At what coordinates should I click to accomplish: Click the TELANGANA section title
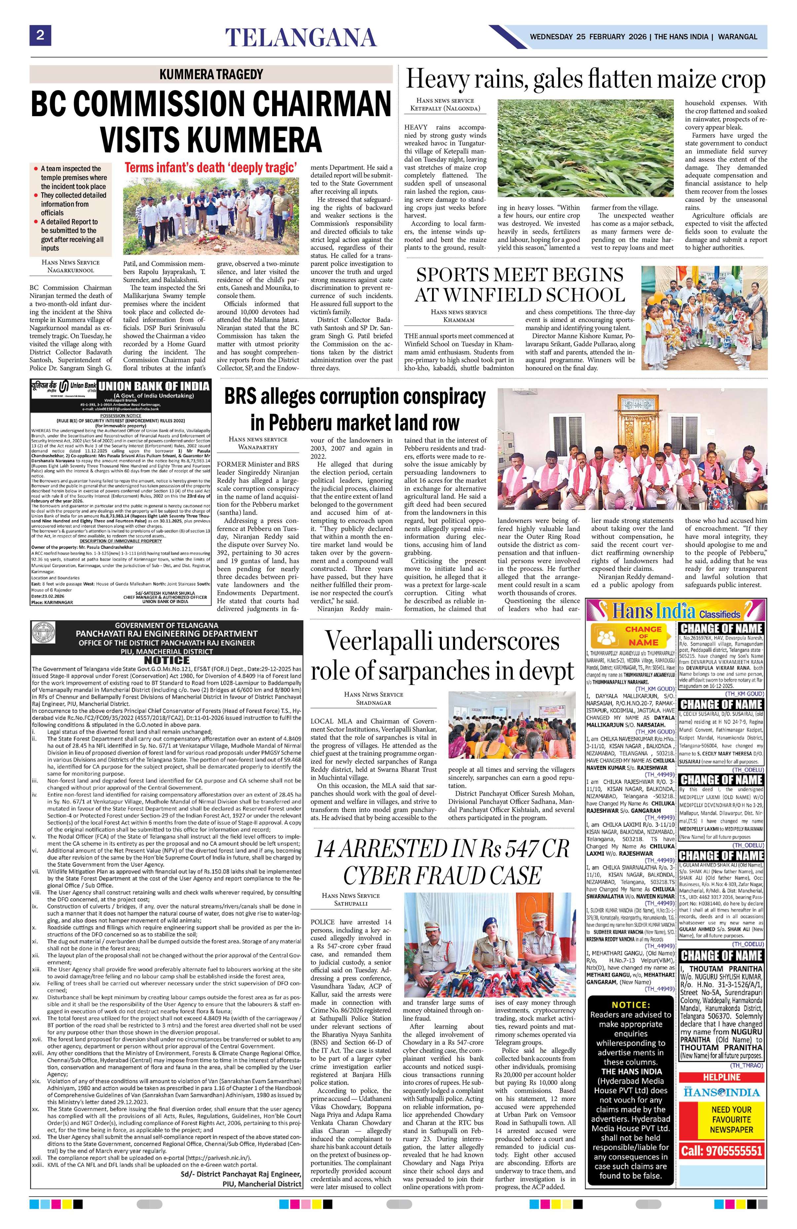click(301, 38)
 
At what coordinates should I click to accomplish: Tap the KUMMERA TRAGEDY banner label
click(211, 74)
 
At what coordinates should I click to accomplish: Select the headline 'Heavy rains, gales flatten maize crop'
click(585, 80)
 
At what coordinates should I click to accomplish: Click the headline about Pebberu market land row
click(354, 409)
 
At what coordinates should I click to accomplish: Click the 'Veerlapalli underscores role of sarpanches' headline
click(442, 656)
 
